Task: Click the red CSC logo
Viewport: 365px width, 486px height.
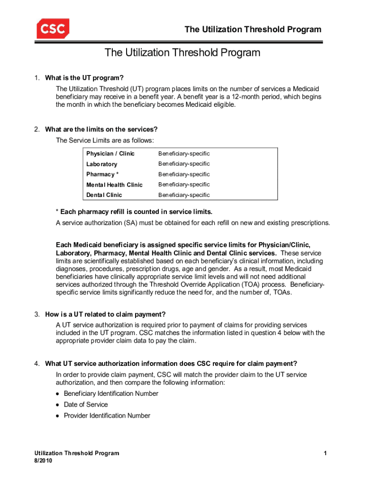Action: point(53,29)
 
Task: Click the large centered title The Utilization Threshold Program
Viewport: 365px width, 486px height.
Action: point(182,53)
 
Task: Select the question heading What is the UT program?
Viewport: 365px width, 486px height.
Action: point(86,78)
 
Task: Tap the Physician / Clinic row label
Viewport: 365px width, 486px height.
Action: point(110,154)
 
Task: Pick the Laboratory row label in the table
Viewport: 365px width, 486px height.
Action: point(101,164)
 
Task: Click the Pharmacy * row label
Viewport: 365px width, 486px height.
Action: point(101,175)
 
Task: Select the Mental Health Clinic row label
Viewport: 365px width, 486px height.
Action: point(114,185)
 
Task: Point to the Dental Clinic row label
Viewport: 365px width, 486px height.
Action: point(104,195)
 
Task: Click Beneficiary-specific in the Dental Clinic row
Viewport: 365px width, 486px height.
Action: point(184,195)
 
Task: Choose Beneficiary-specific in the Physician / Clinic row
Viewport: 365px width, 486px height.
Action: point(184,154)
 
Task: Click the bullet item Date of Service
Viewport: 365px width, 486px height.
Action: point(86,405)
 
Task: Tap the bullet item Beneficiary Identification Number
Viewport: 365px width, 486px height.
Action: point(111,393)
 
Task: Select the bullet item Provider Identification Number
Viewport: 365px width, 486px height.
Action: point(107,416)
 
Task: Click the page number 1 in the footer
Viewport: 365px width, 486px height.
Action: point(326,453)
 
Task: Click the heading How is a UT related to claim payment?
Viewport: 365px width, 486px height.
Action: point(105,314)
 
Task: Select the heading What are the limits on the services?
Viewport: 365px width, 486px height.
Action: point(101,129)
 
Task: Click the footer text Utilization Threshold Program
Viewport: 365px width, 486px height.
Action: point(73,453)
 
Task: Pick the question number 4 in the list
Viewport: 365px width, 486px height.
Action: point(36,364)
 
